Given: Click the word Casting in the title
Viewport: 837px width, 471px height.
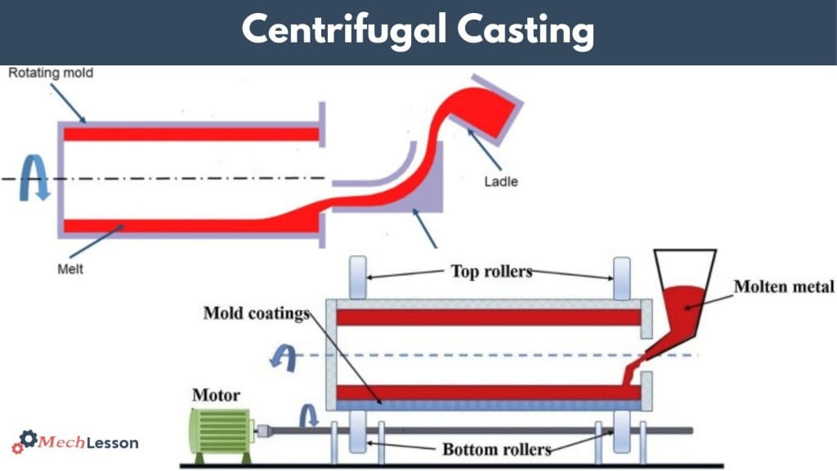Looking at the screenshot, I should [x=525, y=31].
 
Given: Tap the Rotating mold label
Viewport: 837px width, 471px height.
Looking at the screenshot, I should [x=51, y=74].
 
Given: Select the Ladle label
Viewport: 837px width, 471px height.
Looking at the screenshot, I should [x=502, y=181].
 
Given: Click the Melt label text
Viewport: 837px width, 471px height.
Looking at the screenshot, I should [x=72, y=267].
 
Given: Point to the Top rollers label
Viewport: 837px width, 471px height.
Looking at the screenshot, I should [x=490, y=271].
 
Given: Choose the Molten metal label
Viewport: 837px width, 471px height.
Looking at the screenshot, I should [x=783, y=286].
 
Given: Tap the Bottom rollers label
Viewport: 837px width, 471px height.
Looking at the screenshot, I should [x=496, y=449].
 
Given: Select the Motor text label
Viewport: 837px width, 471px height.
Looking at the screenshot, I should [x=216, y=396].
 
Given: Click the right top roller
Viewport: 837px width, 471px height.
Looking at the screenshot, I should [x=622, y=278].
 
